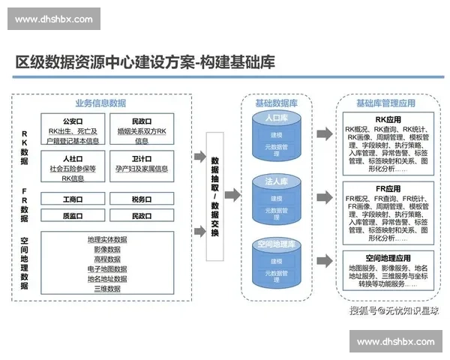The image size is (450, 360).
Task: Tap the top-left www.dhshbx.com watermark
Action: [54, 19]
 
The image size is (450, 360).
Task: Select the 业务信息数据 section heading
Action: [100, 103]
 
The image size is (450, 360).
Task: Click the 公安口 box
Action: [72, 129]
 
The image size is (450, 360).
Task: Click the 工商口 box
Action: [72, 199]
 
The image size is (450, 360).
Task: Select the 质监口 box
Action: [72, 215]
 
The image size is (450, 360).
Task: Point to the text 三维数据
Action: [107, 288]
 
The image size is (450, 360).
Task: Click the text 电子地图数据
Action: [107, 268]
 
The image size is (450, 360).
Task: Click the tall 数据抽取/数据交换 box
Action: [215, 194]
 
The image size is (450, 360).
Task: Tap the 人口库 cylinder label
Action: [277, 118]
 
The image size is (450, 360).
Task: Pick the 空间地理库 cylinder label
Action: [277, 245]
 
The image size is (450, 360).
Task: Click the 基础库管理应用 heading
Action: [385, 103]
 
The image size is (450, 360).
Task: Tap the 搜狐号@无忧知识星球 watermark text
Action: [391, 308]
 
